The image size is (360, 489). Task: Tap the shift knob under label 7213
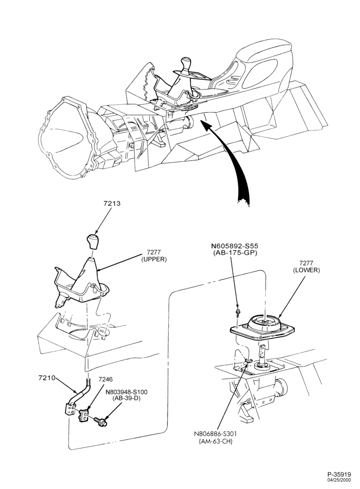(x=92, y=241)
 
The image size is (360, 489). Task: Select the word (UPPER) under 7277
(x=154, y=260)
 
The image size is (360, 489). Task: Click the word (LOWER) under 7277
(x=307, y=270)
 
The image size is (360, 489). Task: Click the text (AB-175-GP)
(x=235, y=253)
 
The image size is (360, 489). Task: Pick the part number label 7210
(x=47, y=378)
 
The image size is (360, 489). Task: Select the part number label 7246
(x=106, y=379)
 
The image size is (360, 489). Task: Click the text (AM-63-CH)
(x=215, y=442)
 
